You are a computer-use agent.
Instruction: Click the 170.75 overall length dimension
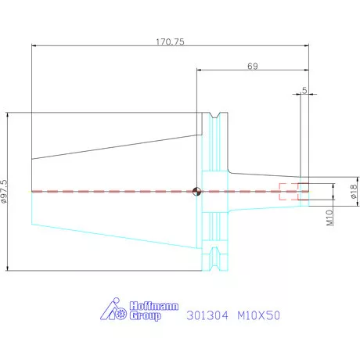170,41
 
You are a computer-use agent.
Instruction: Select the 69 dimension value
253,67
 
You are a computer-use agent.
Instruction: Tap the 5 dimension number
304,91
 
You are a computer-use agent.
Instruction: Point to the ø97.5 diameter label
4,191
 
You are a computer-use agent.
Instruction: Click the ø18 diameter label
353,191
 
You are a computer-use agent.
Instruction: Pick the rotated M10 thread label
329,218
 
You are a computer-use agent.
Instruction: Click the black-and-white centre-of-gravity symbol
196,192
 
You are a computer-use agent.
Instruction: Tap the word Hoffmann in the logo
154,306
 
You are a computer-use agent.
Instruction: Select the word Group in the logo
145,316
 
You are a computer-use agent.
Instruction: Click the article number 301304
207,315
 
